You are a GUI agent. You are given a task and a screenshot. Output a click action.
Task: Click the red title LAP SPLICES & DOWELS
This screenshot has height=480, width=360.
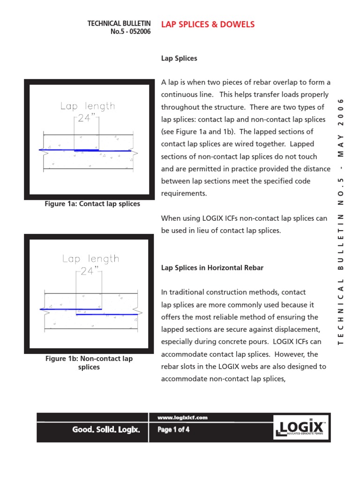coord(208,24)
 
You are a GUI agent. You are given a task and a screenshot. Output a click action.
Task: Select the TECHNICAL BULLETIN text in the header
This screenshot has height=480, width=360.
coord(119,23)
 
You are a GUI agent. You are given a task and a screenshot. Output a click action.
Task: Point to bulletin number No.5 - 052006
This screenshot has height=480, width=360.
coord(130,32)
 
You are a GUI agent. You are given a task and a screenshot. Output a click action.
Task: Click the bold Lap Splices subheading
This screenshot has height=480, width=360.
coord(179,59)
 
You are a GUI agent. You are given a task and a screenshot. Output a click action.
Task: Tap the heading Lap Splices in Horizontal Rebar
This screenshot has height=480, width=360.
coord(212,268)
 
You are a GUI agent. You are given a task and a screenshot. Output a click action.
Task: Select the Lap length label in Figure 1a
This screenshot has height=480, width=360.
coord(87,106)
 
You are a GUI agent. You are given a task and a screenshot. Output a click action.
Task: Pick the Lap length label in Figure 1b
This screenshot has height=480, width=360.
coord(90,259)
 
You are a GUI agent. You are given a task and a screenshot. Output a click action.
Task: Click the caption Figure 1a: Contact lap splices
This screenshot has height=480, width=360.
coord(92,204)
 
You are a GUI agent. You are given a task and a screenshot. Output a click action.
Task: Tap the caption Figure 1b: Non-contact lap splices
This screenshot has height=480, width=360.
coord(89,363)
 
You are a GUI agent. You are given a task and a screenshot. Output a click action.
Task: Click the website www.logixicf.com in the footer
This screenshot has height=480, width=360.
coord(183,418)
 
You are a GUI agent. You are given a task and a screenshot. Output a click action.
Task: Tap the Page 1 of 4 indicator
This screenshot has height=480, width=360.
coord(173,429)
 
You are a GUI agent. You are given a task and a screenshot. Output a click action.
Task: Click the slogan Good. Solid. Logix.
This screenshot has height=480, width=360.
coord(105,429)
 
